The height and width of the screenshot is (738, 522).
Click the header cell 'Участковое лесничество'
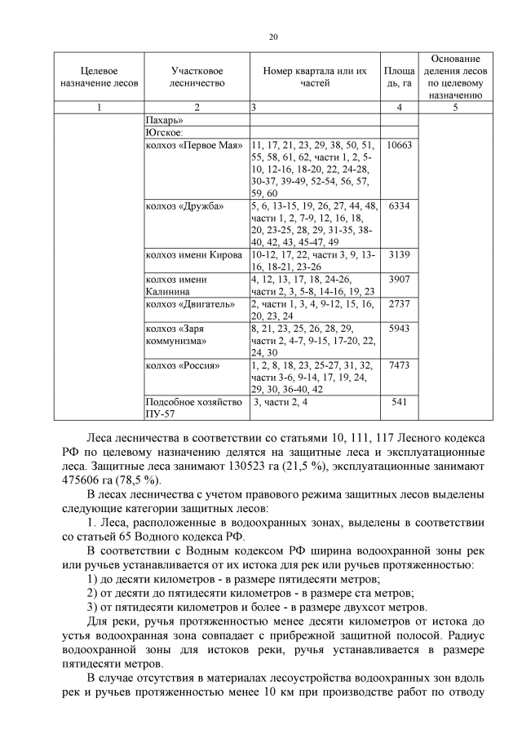(x=197, y=77)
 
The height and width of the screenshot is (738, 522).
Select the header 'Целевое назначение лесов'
(x=100, y=77)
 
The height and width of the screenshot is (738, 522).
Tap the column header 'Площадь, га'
(x=400, y=77)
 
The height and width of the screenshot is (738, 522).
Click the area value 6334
(x=400, y=206)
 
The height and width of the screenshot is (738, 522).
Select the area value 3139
(x=400, y=255)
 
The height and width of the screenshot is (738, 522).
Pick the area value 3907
(x=400, y=280)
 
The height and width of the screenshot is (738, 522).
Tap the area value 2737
(x=400, y=304)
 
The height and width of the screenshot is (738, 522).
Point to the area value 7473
(x=400, y=365)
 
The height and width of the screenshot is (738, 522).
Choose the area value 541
(x=400, y=402)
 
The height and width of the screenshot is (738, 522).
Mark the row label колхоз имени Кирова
(x=193, y=255)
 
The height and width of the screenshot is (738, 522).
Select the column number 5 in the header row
(x=455, y=107)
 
